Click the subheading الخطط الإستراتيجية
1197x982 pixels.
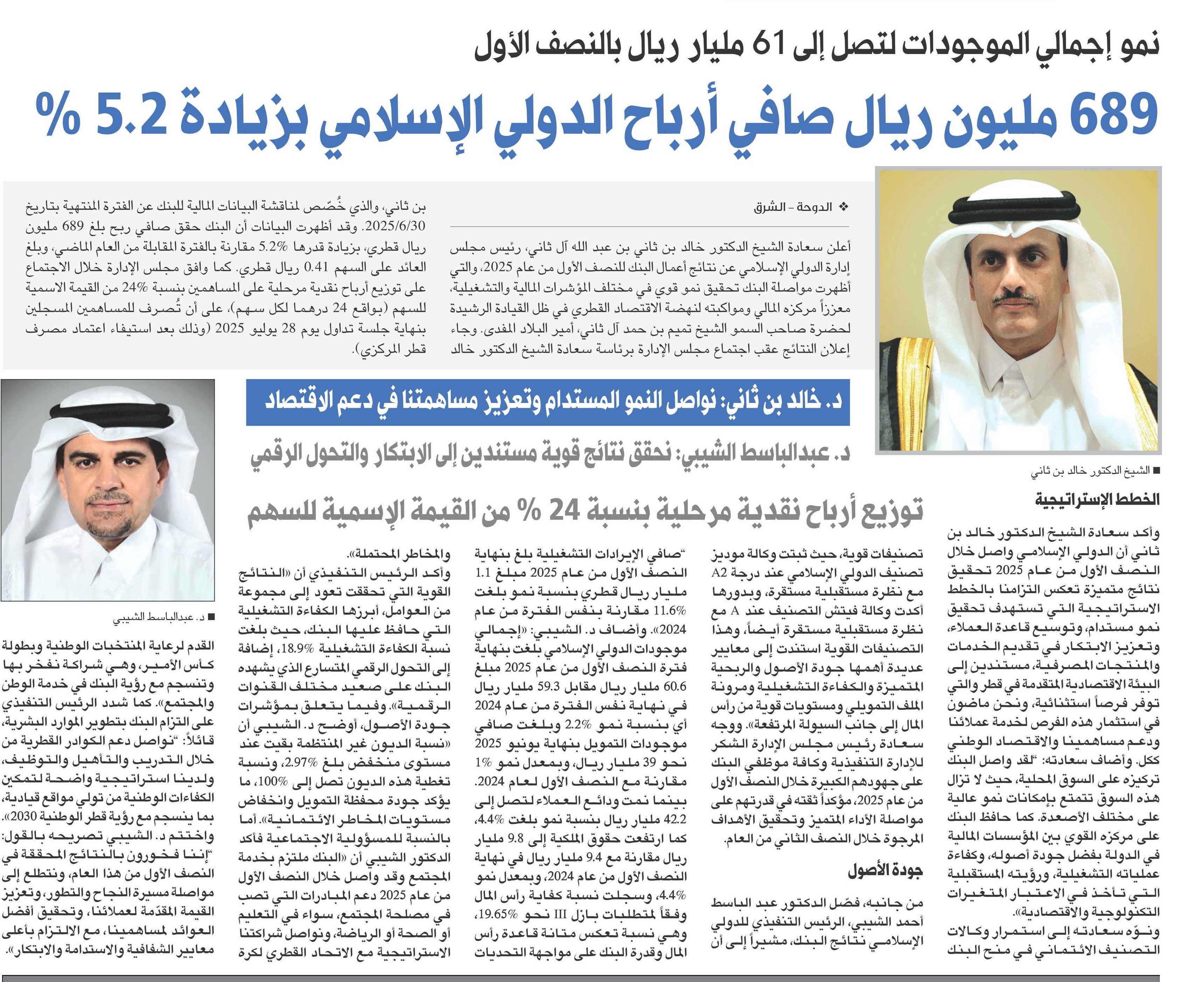coord(1097,499)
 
